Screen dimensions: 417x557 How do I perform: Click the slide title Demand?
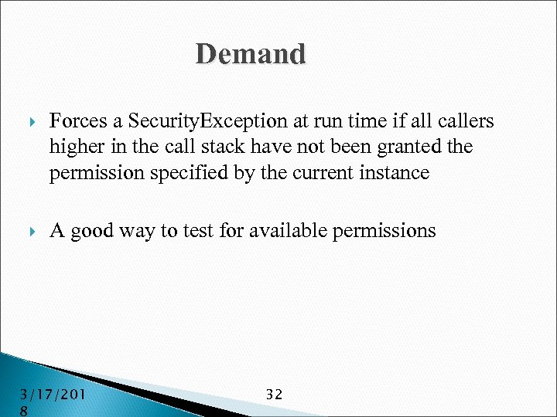click(x=251, y=54)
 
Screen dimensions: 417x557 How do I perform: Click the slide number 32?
click(x=274, y=395)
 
